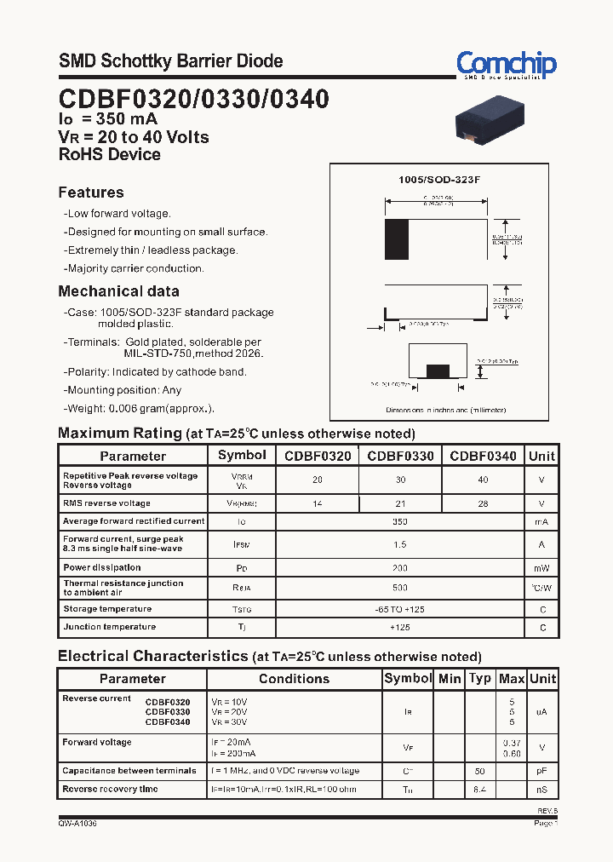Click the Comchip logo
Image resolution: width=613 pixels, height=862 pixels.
506,65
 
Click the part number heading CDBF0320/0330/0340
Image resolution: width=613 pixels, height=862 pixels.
193,99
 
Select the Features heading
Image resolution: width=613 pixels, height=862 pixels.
91,193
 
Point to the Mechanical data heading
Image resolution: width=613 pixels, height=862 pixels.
118,291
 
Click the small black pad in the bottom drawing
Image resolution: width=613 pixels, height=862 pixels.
438,371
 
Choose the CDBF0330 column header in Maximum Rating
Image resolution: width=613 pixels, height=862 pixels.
400,456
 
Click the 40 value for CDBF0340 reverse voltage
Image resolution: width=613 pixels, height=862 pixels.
483,480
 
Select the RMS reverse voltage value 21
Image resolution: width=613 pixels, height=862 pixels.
400,503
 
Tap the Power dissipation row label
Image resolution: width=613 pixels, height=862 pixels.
102,567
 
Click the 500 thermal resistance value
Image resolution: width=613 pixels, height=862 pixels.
400,588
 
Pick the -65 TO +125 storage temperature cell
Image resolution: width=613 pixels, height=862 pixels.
400,609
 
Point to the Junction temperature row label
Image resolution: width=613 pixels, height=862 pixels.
109,627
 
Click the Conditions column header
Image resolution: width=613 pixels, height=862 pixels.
294,679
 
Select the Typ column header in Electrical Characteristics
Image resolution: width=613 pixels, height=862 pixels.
480,679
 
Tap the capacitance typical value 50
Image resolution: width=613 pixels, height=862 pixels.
480,771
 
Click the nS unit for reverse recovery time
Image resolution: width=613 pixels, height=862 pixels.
541,790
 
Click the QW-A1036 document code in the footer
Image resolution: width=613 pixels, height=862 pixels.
77,824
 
